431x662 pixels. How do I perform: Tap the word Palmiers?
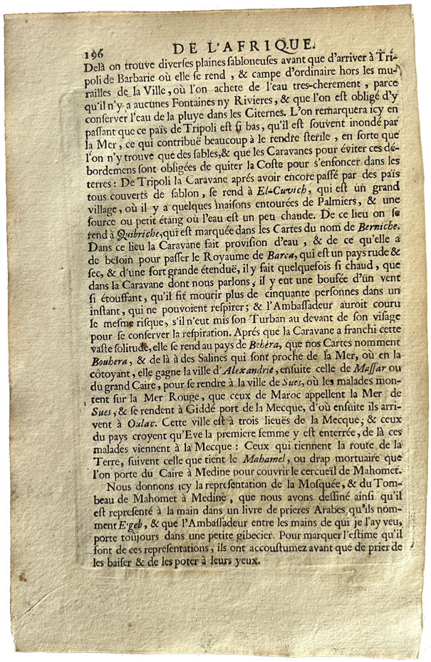point(345,218)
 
